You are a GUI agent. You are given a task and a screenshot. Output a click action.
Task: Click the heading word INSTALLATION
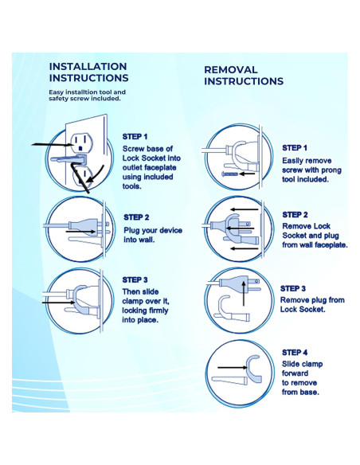88,66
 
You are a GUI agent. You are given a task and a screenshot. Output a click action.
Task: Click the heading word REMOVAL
231,70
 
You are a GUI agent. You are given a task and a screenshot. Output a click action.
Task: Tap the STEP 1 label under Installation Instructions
135,137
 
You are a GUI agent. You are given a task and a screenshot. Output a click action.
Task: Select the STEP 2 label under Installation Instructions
136,217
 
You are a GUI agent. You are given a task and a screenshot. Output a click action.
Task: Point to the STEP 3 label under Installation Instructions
135,280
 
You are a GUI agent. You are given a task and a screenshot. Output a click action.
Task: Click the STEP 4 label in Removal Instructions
295,353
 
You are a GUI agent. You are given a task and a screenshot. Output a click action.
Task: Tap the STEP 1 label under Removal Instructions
295,148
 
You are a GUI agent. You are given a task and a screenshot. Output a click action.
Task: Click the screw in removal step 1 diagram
230,174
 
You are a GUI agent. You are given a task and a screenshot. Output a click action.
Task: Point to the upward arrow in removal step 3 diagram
244,293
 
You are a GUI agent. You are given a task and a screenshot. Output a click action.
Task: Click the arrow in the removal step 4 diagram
233,368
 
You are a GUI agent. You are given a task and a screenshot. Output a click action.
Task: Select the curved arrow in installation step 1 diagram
96,175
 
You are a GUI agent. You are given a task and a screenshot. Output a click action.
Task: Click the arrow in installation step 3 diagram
58,303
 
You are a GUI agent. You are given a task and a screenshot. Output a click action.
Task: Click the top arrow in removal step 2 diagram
245,209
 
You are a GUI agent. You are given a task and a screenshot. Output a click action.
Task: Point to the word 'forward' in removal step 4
295,373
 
